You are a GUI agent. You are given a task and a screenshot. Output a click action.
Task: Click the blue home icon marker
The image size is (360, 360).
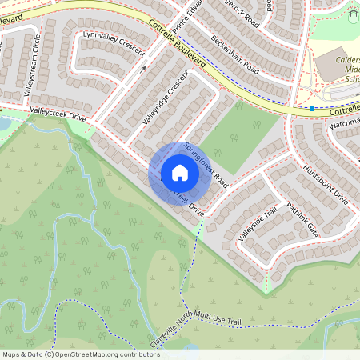pos(179,173)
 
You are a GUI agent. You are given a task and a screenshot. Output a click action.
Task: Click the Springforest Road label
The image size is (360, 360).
pos(206,165)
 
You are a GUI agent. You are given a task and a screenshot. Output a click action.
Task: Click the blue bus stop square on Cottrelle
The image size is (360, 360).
pos(312,108)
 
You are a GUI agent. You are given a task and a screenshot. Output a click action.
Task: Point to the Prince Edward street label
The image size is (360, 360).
pos(183,20)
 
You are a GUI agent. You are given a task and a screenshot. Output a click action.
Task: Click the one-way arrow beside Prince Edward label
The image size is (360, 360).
pos(145,69)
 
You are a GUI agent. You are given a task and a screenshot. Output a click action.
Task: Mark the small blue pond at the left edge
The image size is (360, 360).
pos(3,124)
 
